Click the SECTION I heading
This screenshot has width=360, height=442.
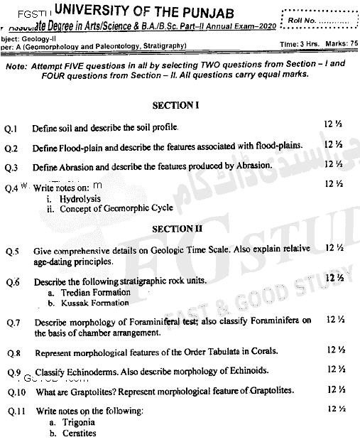(175, 105)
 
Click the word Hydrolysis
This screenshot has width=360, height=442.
(80, 200)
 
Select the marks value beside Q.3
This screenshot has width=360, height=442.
(333, 165)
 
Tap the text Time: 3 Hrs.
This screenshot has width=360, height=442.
(300, 45)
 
